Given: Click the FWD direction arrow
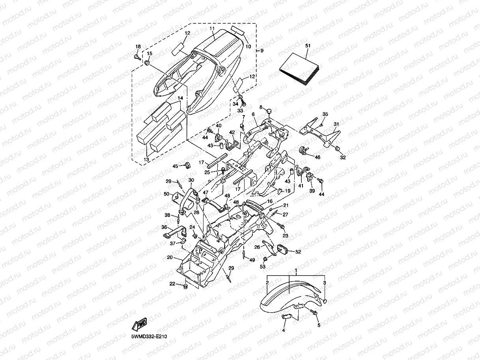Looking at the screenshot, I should click(x=140, y=324).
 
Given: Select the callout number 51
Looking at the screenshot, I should click(x=308, y=46).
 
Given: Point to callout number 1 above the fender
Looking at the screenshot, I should click(x=296, y=270).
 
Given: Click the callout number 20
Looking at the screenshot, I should click(x=170, y=257).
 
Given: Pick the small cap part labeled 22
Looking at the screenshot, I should click(x=185, y=285).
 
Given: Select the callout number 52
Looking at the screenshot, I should click(x=298, y=251).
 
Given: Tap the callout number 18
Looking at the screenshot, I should click(x=138, y=47).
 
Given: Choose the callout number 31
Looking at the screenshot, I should click(x=336, y=124).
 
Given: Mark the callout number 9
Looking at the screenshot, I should click(x=262, y=51).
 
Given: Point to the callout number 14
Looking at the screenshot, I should click(x=180, y=98).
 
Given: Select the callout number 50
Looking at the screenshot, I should click(x=166, y=194).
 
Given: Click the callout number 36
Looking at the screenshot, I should click(x=164, y=227).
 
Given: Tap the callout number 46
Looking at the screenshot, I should click(x=318, y=157).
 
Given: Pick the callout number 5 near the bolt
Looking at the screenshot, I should click(x=319, y=325).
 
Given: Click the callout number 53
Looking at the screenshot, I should click(x=262, y=267).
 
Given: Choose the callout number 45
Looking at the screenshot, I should click(x=176, y=166).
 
